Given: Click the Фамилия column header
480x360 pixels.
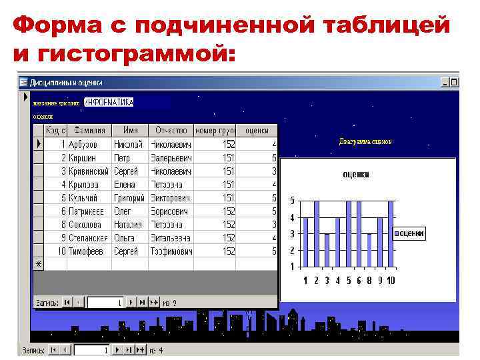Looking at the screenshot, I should [x=89, y=131].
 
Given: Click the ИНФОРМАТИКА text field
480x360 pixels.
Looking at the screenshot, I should [x=110, y=102].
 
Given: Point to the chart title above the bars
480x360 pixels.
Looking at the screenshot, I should [x=355, y=175].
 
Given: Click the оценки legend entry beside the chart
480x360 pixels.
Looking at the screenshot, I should [x=409, y=234].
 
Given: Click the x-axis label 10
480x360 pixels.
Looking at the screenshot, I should [x=390, y=281].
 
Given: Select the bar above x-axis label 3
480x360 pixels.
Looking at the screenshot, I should [x=327, y=250].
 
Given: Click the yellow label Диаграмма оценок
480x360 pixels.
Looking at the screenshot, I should [x=365, y=141].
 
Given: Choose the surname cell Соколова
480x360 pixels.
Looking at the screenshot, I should [x=85, y=225].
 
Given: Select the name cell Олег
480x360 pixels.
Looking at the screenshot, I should [x=123, y=211].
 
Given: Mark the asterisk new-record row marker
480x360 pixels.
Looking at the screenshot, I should [x=38, y=264].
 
